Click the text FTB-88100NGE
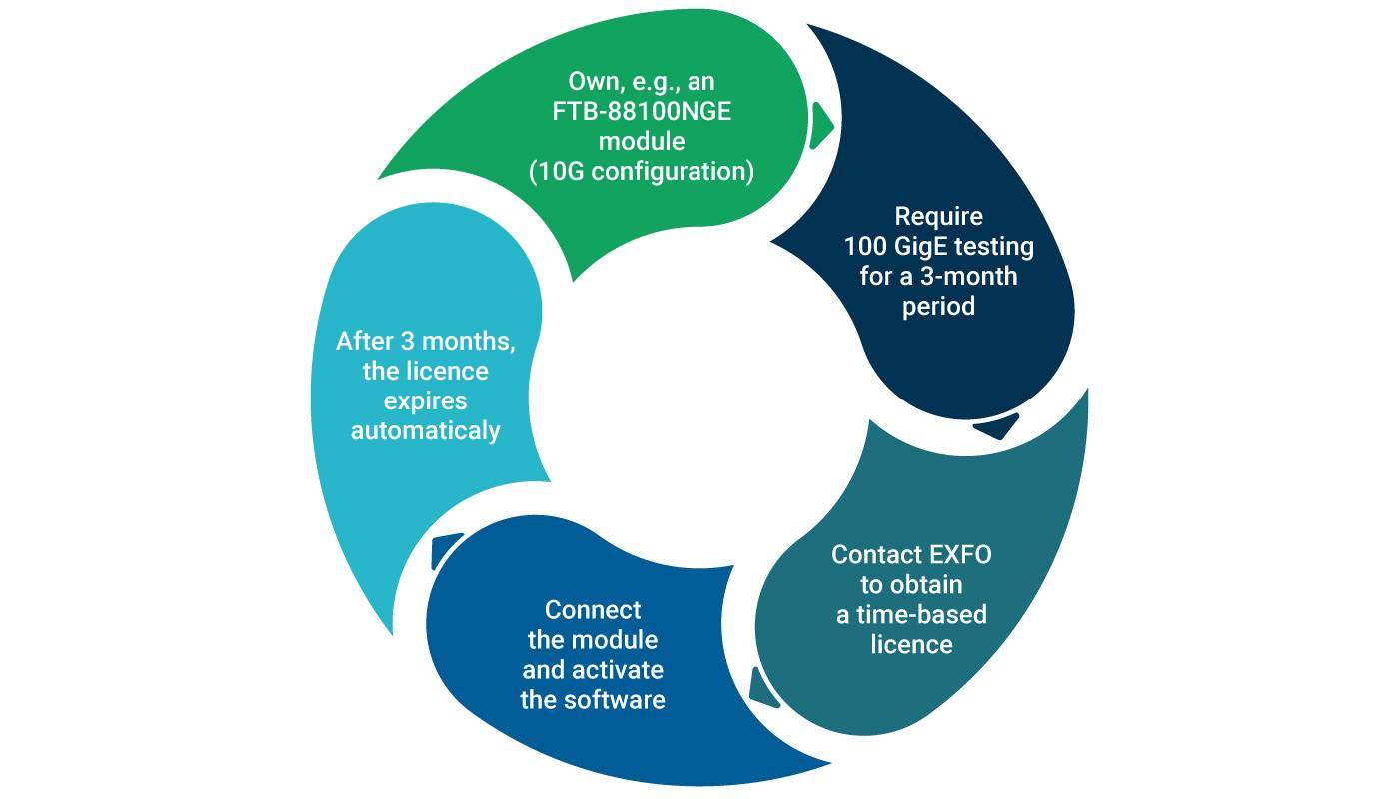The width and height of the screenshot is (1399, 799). (x=642, y=111)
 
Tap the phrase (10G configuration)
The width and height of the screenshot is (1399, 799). (x=642, y=171)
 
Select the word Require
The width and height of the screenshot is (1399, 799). (x=938, y=216)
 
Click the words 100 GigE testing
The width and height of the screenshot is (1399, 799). (x=938, y=246)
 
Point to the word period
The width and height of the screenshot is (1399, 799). (x=938, y=306)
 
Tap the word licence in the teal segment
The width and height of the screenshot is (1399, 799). (x=911, y=644)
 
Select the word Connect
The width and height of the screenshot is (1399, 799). (x=593, y=609)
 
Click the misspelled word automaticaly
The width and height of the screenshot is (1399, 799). (x=425, y=431)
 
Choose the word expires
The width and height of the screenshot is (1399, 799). (x=425, y=401)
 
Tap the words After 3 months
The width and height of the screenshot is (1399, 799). (x=425, y=341)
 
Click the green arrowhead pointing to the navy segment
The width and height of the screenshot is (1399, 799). (x=821, y=125)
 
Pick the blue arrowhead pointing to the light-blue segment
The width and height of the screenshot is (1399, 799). (x=446, y=549)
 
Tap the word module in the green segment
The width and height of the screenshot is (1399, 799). (x=642, y=141)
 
